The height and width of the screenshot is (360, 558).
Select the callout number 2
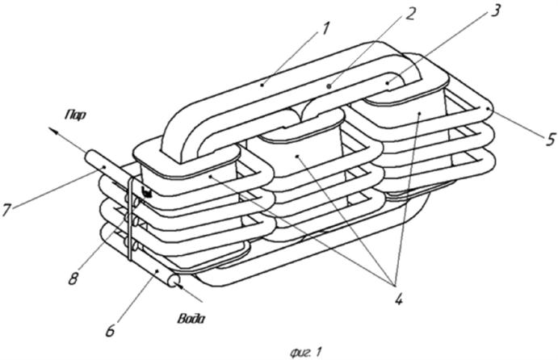click(410, 14)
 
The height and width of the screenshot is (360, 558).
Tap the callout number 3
click(494, 10)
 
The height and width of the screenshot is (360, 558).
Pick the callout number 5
click(550, 139)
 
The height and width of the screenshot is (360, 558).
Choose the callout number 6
click(111, 330)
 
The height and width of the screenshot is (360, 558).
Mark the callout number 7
click(6, 209)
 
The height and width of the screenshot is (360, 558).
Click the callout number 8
click(73, 278)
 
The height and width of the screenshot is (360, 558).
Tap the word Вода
click(191, 318)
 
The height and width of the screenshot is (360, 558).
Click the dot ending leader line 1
click(262, 84)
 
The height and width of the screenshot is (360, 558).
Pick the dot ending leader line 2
click(329, 86)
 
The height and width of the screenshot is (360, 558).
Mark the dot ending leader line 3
click(388, 82)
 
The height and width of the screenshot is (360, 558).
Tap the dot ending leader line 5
click(490, 108)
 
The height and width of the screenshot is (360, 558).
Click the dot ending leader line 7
click(103, 167)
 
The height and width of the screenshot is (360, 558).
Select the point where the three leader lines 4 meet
click(394, 285)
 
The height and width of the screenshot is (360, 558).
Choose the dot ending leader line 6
click(157, 272)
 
